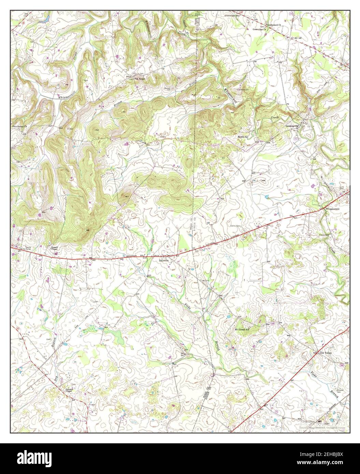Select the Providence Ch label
19,126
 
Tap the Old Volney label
324,353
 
